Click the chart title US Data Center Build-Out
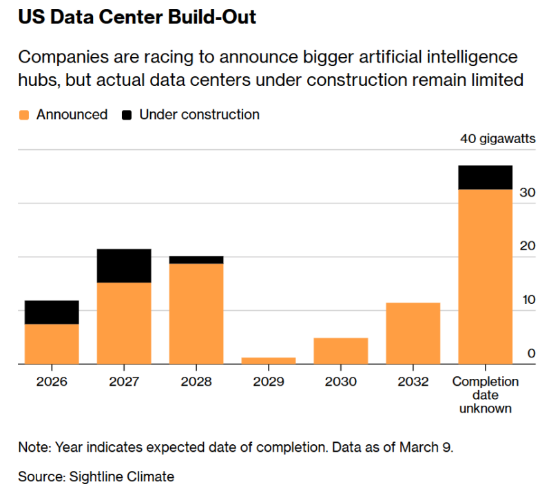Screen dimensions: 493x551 (x=137, y=17)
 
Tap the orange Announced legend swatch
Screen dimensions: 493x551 (x=23, y=115)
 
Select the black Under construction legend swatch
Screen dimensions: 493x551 (x=127, y=115)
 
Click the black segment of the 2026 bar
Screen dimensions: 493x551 (x=52, y=312)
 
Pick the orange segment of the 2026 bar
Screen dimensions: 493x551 (x=52, y=344)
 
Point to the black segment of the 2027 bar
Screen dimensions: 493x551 (x=124, y=265)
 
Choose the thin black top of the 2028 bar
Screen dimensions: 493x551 (x=196, y=260)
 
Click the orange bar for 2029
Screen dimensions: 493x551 (x=269, y=360)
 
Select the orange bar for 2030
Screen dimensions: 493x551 (x=340, y=351)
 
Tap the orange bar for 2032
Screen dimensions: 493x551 (x=413, y=333)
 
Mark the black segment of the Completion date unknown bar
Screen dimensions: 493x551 (x=485, y=177)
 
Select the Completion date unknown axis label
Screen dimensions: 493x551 (x=485, y=395)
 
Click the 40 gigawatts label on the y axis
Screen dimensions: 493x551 (x=497, y=139)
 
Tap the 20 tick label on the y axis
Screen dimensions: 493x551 (x=528, y=247)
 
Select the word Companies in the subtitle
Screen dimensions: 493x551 (x=59, y=57)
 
